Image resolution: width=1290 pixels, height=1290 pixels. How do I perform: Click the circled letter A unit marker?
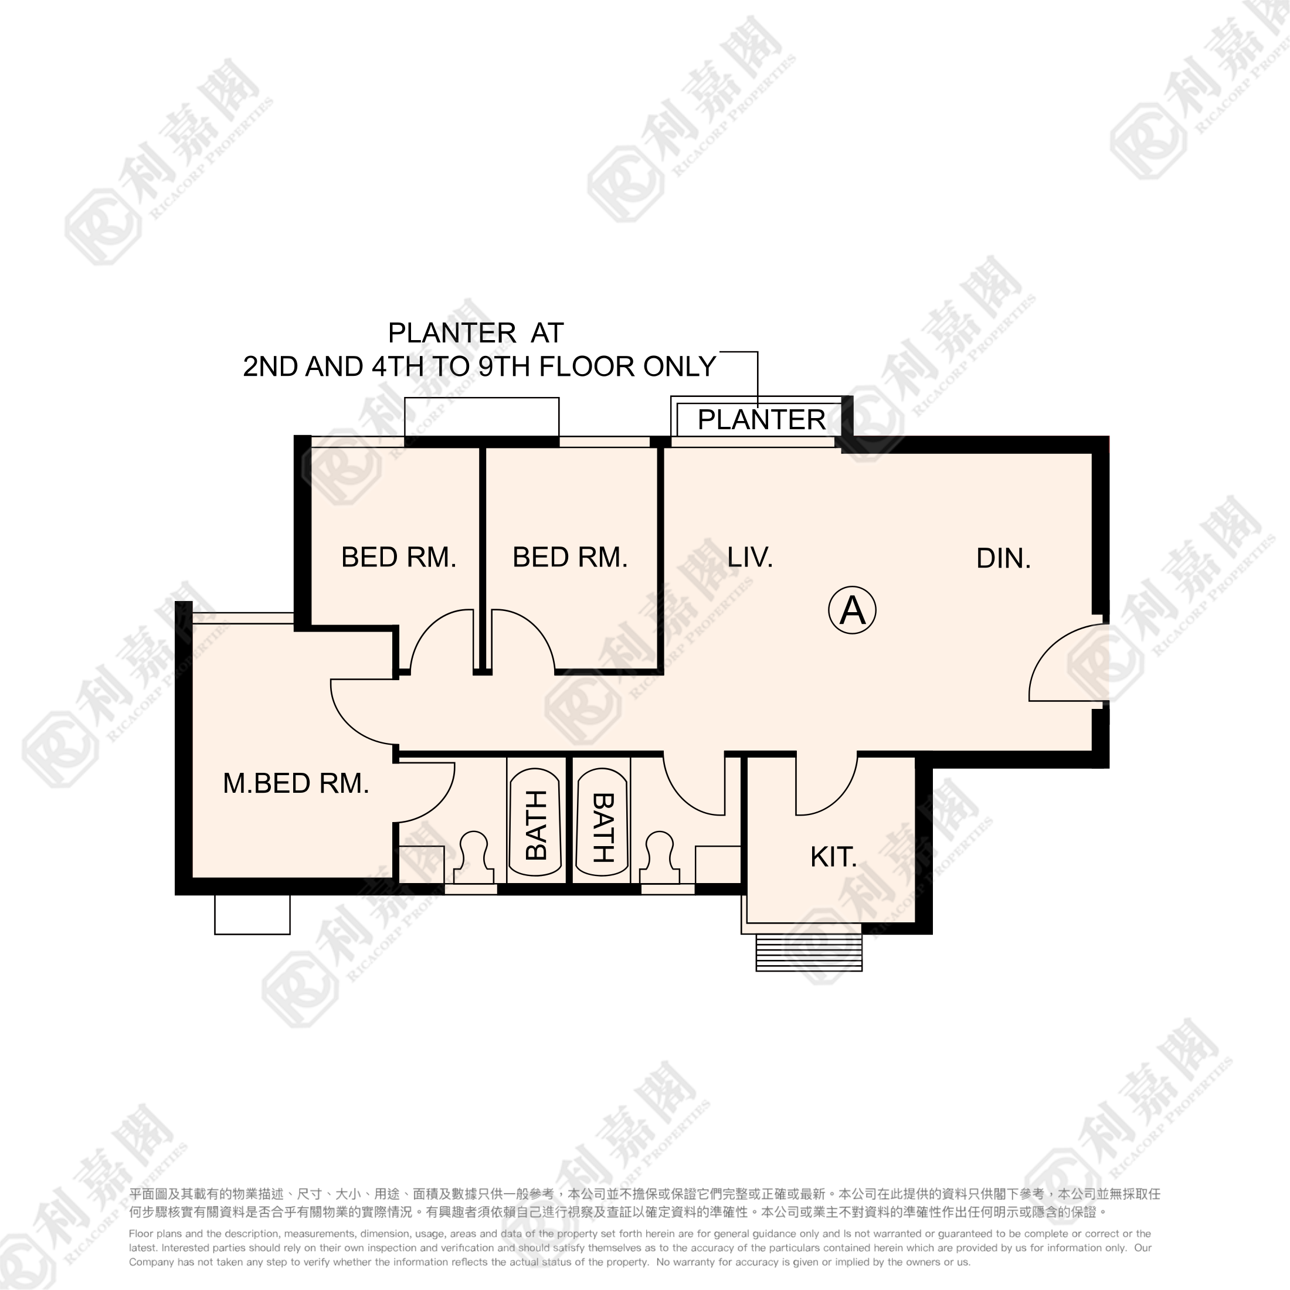[852, 610]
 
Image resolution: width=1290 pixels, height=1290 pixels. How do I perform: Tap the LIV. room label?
[750, 557]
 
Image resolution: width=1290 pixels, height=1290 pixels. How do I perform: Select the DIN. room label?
[1003, 558]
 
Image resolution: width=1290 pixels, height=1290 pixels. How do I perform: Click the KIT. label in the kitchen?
[833, 857]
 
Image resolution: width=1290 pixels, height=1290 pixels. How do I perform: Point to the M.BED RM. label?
[296, 783]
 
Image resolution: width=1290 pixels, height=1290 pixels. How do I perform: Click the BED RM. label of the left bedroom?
[399, 557]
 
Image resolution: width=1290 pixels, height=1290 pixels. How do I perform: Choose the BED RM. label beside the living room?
[570, 557]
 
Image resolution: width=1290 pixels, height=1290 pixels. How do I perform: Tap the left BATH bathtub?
[535, 824]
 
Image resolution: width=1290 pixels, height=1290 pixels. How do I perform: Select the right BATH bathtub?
[602, 824]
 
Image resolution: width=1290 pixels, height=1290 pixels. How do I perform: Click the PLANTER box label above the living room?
[761, 420]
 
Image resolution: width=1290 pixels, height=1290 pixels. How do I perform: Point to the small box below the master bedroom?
[252, 914]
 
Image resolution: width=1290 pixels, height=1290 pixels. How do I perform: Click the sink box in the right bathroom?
[718, 865]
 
